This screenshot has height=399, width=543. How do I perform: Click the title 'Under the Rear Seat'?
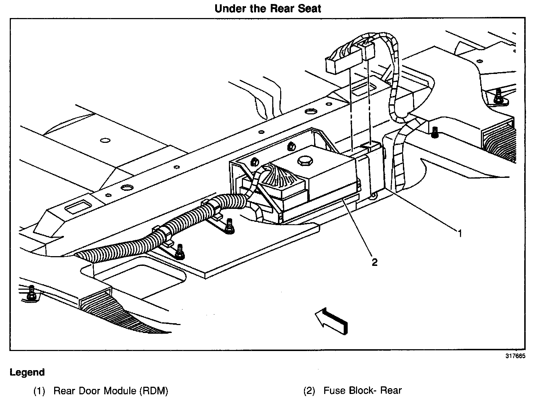(x=268, y=8)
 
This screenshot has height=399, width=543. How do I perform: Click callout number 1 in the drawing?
(x=460, y=234)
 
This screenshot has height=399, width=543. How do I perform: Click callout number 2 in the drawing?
(x=374, y=262)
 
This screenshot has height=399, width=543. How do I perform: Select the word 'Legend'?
(x=27, y=372)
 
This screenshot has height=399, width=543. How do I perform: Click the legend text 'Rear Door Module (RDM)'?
(x=111, y=390)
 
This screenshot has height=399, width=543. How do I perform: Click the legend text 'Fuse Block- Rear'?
(x=362, y=390)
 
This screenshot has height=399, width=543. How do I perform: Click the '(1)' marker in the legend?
(x=39, y=391)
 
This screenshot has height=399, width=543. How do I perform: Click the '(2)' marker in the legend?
(x=309, y=391)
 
